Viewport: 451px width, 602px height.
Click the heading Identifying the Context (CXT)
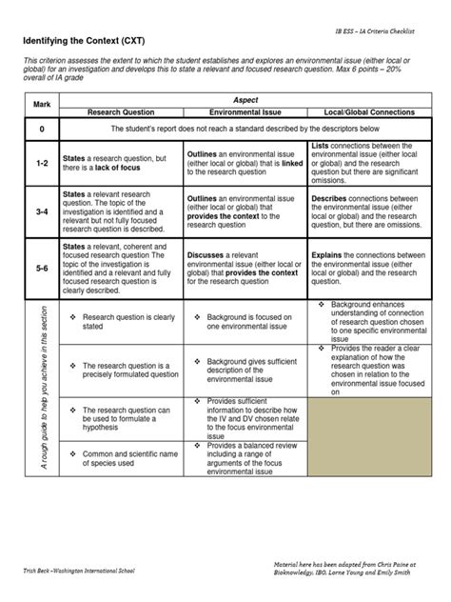[x=86, y=44]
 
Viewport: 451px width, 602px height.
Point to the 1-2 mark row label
[x=42, y=163]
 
